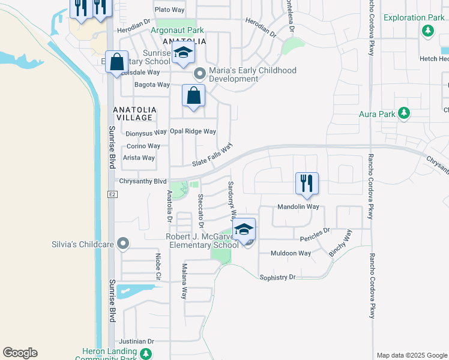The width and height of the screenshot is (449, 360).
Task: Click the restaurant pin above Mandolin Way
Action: coord(307,183)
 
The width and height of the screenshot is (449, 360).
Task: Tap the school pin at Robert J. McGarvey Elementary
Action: coord(244,230)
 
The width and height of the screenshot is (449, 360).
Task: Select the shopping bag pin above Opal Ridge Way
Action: coord(193,95)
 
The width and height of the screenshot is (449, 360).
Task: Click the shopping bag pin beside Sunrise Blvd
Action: coord(116,62)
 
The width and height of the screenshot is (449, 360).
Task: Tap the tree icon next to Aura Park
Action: coord(405,113)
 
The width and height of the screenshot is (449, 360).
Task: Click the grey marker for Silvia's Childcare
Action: coord(124,244)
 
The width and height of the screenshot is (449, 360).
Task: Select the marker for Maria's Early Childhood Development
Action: coord(200,74)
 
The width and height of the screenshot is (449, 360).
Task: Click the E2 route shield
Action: coord(112,194)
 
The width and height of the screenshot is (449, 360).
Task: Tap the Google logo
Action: coord(20,353)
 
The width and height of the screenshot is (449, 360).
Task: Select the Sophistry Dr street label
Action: coord(277,277)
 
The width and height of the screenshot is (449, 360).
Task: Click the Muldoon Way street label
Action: coord(291,253)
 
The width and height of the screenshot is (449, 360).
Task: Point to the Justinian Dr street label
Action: coord(137,341)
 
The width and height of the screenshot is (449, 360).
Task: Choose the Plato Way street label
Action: coord(169,10)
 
